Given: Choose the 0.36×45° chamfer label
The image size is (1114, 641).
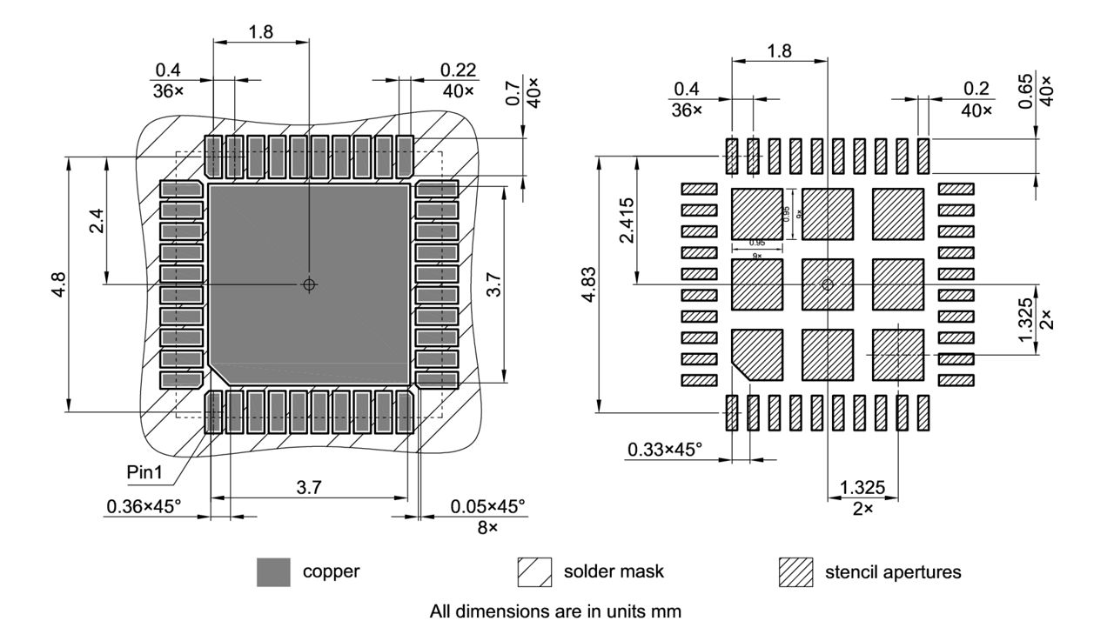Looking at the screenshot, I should pyautogui.click(x=144, y=505).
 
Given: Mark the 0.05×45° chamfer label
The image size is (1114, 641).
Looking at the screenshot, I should pyautogui.click(x=487, y=505).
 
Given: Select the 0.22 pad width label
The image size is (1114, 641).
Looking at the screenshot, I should pyautogui.click(x=458, y=69).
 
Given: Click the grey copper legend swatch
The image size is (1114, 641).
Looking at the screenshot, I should pyautogui.click(x=273, y=572).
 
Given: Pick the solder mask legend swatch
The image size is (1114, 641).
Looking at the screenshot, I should pyautogui.click(x=534, y=572).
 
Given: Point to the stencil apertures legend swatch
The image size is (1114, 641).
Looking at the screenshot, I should pyautogui.click(x=796, y=572).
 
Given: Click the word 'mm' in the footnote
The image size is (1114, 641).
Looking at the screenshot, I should pyautogui.click(x=669, y=611).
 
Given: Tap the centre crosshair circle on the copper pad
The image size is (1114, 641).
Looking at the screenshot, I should pyautogui.click(x=310, y=284).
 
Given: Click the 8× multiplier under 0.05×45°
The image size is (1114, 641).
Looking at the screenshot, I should pyautogui.click(x=487, y=527).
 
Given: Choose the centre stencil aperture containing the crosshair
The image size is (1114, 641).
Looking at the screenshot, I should pyautogui.click(x=827, y=284).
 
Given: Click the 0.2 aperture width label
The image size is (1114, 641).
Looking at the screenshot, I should pyautogui.click(x=976, y=90).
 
